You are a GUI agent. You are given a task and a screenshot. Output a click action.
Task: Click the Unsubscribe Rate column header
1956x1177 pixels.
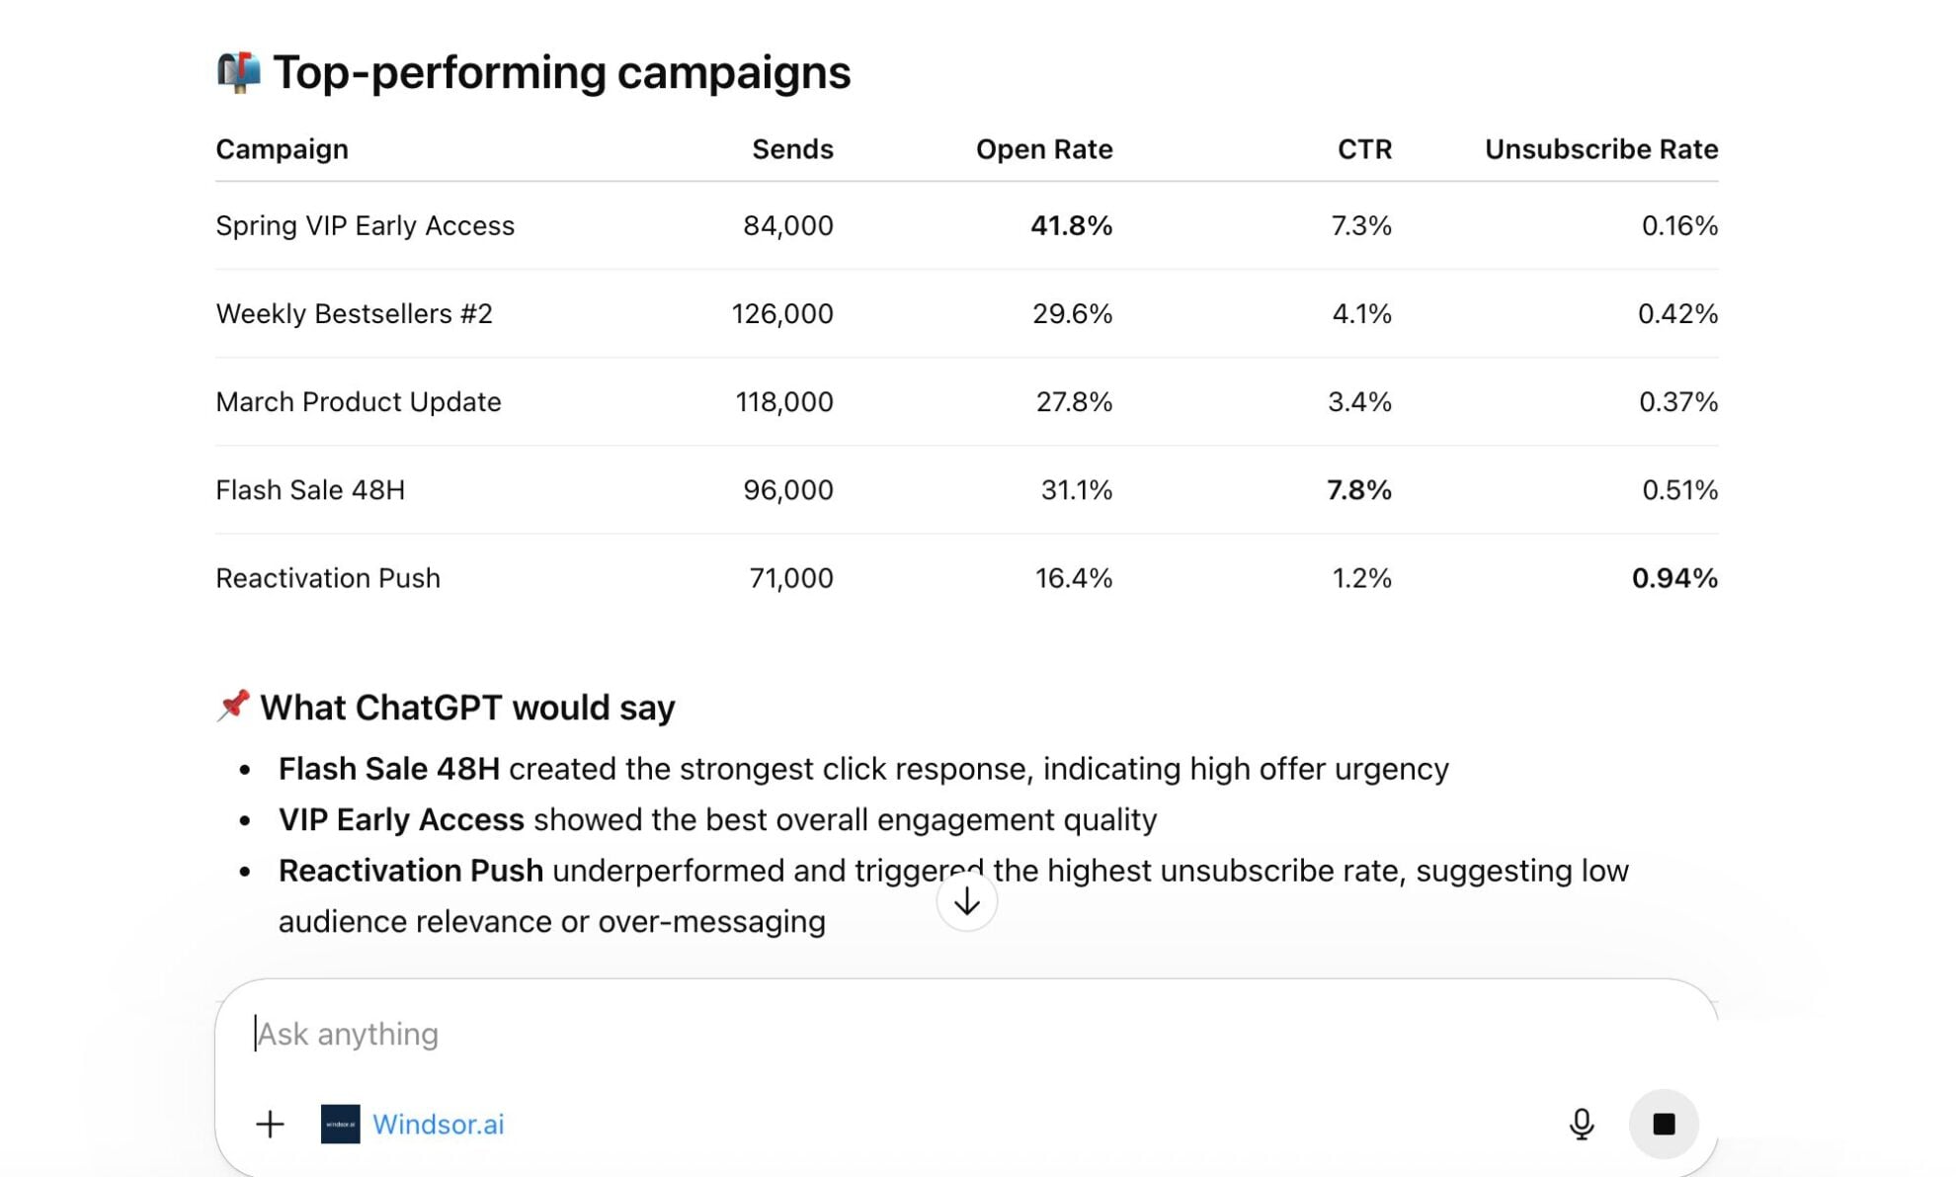1600,149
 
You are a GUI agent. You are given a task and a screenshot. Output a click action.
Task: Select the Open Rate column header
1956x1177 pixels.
1043,149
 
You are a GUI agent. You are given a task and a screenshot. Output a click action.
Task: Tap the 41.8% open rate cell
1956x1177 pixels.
1071,225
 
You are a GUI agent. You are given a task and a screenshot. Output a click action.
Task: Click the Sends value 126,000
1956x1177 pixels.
781,313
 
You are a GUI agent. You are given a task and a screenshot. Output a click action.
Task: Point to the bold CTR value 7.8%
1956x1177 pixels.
1358,489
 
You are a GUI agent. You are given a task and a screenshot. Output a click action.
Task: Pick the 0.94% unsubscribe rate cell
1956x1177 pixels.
1673,577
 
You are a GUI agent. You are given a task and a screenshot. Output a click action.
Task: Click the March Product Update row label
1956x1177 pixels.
358,401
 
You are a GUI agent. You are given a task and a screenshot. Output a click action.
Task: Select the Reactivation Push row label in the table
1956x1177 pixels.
327,577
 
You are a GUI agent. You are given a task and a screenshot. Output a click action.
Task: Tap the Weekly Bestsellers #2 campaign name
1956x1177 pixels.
354,313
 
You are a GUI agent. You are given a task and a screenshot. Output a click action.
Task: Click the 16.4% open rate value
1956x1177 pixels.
1073,577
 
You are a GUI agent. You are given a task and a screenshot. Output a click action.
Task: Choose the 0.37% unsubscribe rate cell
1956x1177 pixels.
1677,401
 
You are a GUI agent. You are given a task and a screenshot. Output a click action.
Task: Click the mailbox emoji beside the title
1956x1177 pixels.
238,72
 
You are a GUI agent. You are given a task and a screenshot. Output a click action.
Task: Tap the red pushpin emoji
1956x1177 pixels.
233,706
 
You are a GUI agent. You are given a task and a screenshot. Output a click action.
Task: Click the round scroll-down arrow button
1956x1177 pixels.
966,900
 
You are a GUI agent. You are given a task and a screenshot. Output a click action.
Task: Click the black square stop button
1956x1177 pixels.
1663,1124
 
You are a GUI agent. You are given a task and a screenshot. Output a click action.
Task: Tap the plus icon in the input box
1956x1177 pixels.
270,1124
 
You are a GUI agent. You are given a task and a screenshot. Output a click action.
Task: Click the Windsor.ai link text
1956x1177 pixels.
438,1124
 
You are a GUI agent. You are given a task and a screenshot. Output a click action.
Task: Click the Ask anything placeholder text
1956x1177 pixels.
347,1034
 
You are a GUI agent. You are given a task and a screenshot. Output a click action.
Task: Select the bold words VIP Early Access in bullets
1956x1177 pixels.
400,819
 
